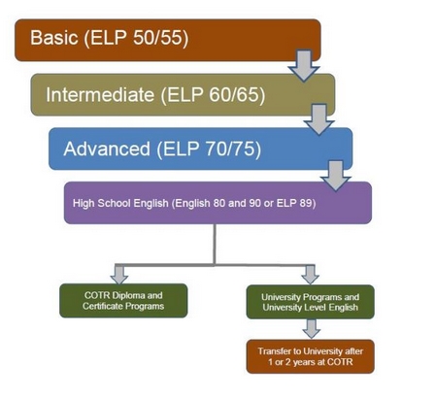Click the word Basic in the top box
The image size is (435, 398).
coord(54,37)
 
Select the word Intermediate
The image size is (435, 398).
coord(100,94)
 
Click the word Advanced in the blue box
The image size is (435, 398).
coord(107,149)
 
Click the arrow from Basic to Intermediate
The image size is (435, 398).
coord(304,65)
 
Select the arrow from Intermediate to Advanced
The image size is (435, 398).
coord(319,119)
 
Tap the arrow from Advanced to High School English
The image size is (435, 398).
coord(336,176)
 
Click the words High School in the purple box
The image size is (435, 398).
coord(102,203)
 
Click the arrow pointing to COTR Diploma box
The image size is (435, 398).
coord(119,275)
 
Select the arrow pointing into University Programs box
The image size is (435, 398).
coord(311,275)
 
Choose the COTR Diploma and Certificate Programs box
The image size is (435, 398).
coord(123,301)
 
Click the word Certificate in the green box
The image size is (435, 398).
coord(102,306)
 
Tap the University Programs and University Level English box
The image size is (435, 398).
coord(311,302)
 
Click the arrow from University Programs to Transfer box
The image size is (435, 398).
coord(312,329)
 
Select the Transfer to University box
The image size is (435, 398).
coord(311,356)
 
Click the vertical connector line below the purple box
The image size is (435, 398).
coord(215,245)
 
